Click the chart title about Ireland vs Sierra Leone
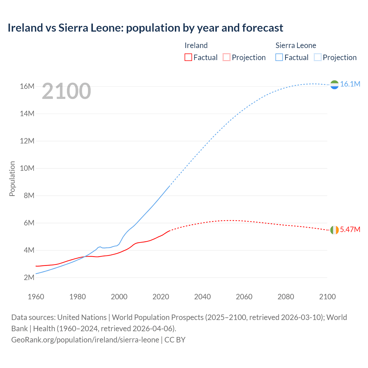tap(145, 28)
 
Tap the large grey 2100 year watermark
tap(66, 91)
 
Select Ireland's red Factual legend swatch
tap(188, 57)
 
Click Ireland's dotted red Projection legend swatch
tap(227, 57)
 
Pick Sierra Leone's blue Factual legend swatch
tap(279, 57)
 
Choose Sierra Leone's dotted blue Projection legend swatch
tap(318, 57)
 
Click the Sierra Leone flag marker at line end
tap(334, 85)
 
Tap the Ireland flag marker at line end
tap(334, 230)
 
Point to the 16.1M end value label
tap(350, 84)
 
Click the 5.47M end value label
tap(350, 229)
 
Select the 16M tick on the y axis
tap(27, 86)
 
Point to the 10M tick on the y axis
tap(27, 168)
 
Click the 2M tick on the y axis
tap(29, 277)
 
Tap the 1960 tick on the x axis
tap(36, 297)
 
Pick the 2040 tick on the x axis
tap(202, 297)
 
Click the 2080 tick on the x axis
tap(286, 297)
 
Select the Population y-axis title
tap(12, 179)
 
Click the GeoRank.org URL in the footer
tap(85, 340)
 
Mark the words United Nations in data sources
tap(82, 317)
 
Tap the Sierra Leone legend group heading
tap(296, 45)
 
